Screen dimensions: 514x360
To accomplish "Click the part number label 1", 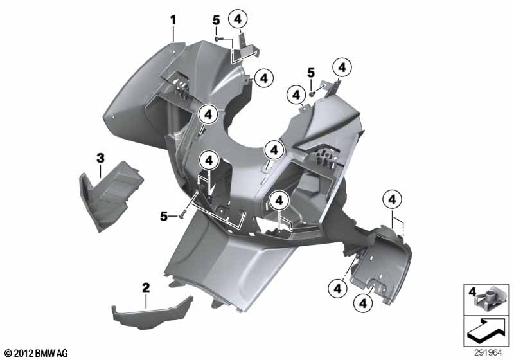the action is point(173,21).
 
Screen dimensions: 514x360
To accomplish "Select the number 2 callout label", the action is point(146,288).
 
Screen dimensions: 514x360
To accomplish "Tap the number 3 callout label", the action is point(100,158).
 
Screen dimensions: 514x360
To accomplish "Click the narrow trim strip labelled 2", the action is point(152,312).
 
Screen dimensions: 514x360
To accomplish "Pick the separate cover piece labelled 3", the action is point(110,195).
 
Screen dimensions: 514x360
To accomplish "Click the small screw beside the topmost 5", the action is point(218,39).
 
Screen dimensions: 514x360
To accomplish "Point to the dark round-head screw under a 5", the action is point(312,94).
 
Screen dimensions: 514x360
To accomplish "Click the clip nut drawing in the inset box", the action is point(489,301).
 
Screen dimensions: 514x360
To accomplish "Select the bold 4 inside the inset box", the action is point(472,291).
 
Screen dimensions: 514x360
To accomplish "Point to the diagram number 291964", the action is point(488,353).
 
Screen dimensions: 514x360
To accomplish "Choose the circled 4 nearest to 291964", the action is point(363,303).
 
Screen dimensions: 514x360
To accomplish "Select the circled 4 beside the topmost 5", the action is point(238,19).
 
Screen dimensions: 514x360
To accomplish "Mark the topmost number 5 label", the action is point(216,21).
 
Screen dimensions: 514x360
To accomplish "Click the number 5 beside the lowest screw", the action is point(164,217).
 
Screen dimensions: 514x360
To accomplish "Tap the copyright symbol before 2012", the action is point(8,353).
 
